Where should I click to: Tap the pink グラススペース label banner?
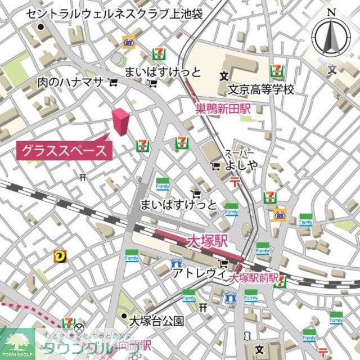coord(64,150)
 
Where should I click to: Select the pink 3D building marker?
coord(120,121)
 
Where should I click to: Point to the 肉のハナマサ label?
coord(70,82)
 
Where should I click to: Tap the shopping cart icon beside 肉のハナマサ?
coord(113,83)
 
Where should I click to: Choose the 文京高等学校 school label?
coord(261,90)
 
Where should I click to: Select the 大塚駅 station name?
coord(207,242)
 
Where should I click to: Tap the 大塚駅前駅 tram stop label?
coord(254,277)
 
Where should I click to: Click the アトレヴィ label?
coord(194,274)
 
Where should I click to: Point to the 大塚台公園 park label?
coord(156,321)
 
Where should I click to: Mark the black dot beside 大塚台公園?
coord(124,317)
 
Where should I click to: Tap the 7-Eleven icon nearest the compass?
coord(277,71)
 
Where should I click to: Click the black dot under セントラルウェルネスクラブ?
coord(40,26)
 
